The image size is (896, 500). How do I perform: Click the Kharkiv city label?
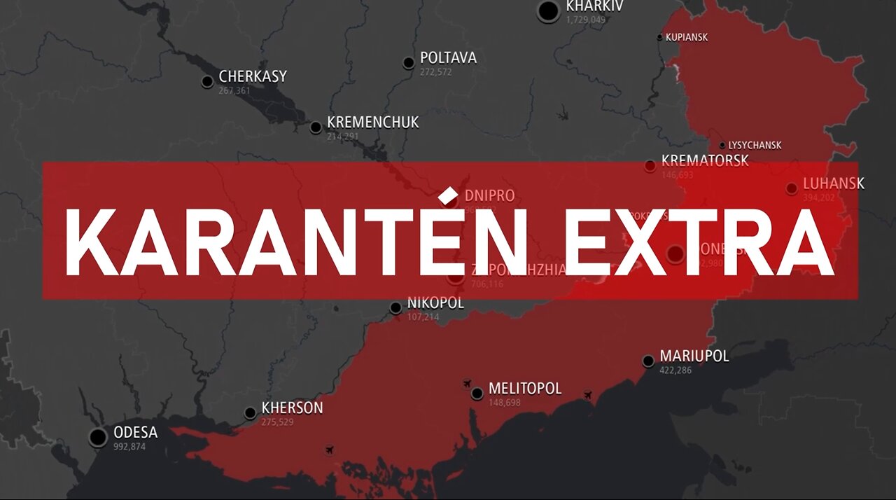pos(594,6)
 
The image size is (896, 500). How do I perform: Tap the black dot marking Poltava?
pos(409,63)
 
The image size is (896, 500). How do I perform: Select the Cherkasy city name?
pos(253,76)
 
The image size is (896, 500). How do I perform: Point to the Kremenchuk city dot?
pos(316,127)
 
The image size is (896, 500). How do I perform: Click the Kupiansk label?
pos(686,37)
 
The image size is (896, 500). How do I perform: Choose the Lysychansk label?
pos(755,146)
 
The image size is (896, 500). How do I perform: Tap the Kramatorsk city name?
pos(704,160)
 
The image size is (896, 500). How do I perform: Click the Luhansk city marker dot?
pos(791,188)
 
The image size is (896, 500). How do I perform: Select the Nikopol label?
pos(435,304)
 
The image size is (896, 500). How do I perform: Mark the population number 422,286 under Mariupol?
pos(675,370)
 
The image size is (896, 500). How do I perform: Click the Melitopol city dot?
pos(477,394)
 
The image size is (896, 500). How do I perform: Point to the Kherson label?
pos(292,408)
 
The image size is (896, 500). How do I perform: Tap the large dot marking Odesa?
pos(99,438)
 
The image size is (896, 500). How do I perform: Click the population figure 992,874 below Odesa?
pos(129,446)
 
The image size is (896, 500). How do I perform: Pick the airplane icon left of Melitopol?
pos(467,382)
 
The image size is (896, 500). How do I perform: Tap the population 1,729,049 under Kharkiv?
pos(586,20)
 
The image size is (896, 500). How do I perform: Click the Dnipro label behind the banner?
pos(489,196)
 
